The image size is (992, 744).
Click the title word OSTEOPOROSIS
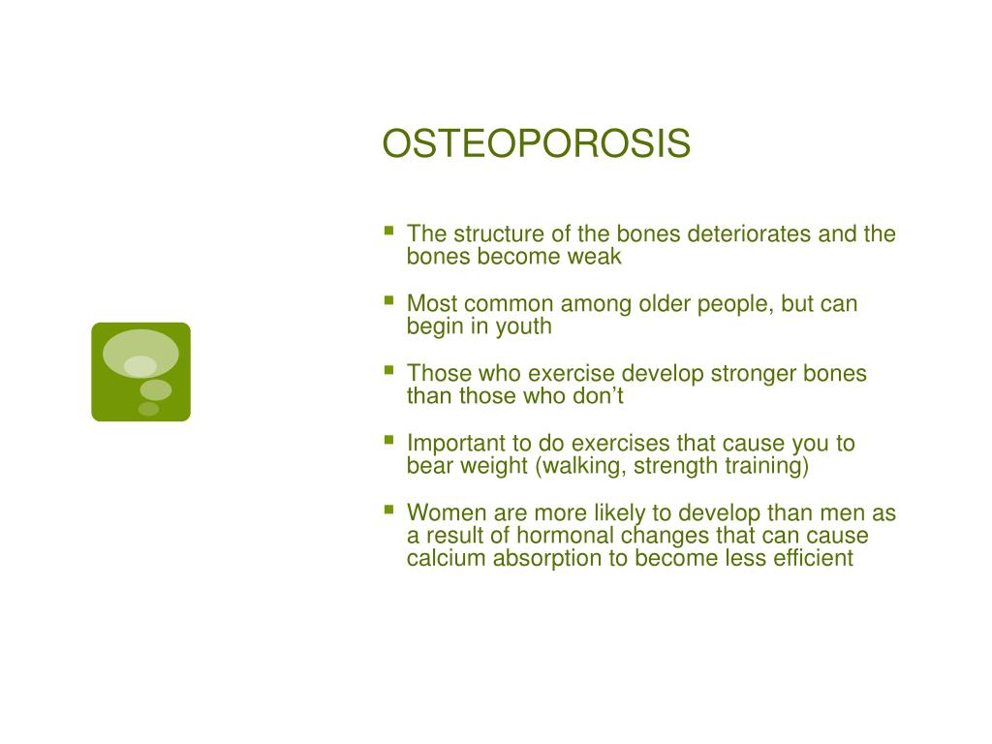(536, 143)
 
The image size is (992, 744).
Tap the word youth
(523, 327)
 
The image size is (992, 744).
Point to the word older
(665, 303)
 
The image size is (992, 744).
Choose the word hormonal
(565, 535)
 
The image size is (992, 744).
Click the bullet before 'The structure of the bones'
(389, 231)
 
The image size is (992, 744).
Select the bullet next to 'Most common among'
(389, 300)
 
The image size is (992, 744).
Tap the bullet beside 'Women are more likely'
(389, 509)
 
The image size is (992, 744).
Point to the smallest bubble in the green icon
(148, 409)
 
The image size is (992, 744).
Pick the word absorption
(547, 559)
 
